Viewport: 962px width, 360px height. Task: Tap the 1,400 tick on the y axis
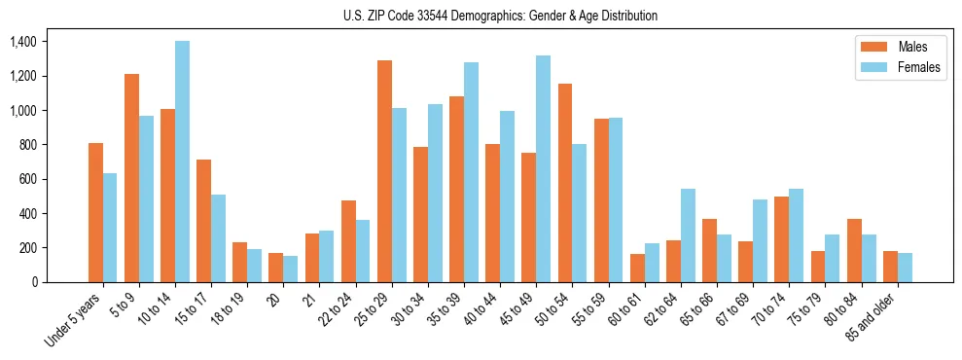22,42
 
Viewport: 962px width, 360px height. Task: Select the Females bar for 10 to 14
182,162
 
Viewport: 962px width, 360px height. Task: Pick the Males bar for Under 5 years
95,212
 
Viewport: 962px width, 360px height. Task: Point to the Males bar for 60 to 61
637,268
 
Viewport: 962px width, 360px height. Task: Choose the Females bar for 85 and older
905,268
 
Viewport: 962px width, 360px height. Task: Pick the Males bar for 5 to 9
131,178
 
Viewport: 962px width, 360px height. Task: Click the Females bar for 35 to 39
471,172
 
